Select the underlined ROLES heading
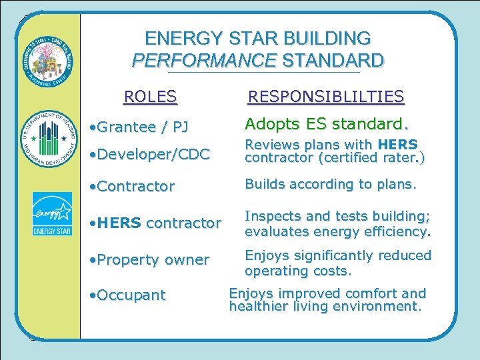pos(151,97)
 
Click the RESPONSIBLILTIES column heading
pos(326,97)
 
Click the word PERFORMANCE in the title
pos(204,61)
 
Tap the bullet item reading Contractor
pos(131,186)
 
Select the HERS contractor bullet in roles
pos(155,223)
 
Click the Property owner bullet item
pos(149,259)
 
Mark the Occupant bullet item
pos(127,295)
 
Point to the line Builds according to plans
pos(331,184)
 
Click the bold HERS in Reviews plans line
pos(397,145)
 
